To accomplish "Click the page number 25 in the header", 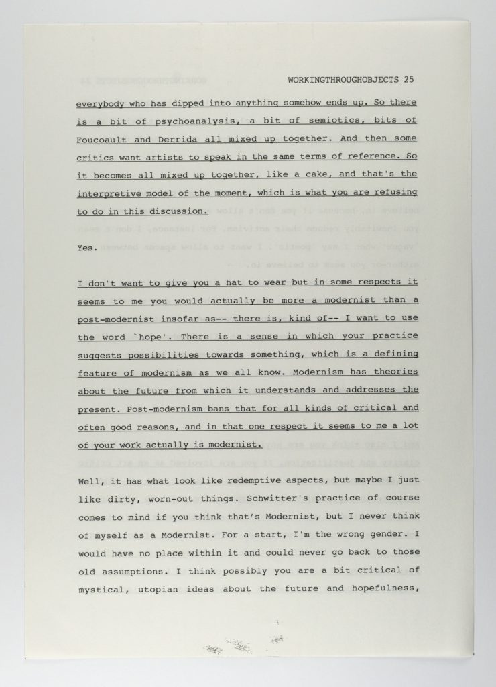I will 409,79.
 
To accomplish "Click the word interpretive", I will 109,193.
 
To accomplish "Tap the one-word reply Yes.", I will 86,248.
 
